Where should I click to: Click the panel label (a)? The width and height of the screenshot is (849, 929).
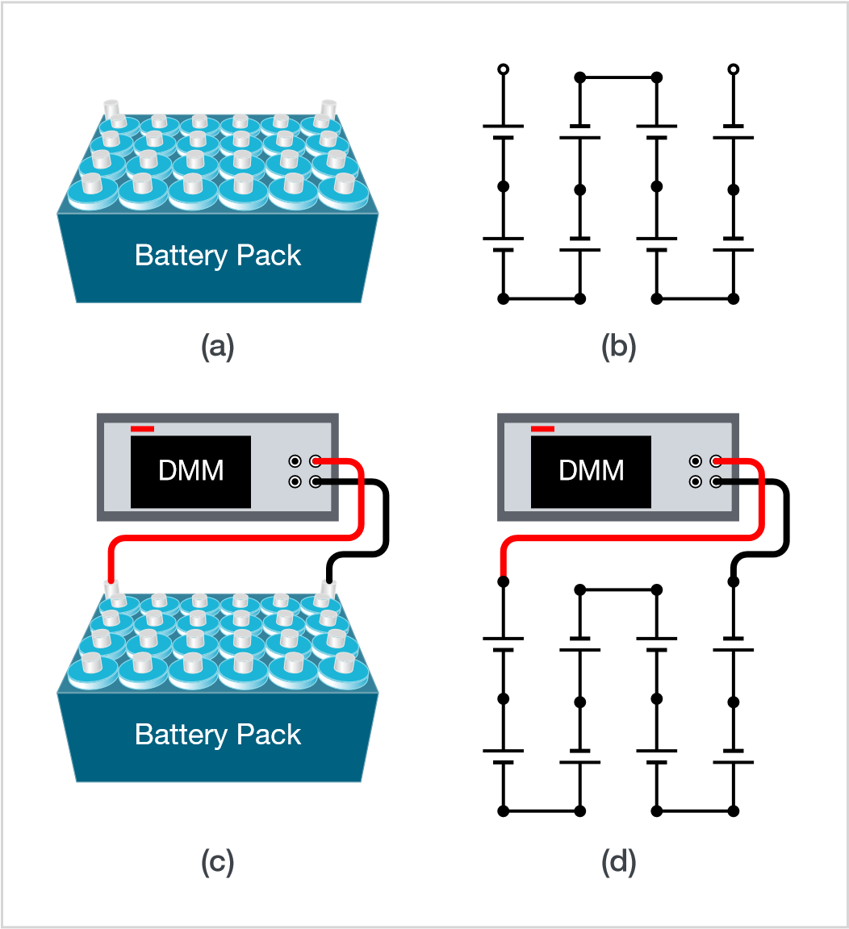[x=217, y=347]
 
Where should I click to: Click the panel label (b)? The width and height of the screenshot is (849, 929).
[x=619, y=347]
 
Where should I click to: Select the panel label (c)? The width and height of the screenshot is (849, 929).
[x=217, y=863]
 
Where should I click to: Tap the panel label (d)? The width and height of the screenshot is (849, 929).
[x=619, y=863]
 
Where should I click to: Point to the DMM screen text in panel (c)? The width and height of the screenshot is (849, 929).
[x=190, y=471]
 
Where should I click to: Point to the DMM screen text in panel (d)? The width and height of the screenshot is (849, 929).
[x=591, y=471]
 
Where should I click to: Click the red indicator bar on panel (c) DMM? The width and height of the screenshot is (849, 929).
[x=142, y=429]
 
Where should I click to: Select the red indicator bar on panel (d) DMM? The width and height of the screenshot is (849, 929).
[x=542, y=429]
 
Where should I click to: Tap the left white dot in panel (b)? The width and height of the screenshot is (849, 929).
[x=503, y=69]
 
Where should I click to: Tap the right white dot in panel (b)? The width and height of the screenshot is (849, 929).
[x=733, y=69]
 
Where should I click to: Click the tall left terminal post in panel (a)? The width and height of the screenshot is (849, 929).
[x=111, y=108]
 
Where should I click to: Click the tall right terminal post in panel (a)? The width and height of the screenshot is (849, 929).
[x=328, y=108]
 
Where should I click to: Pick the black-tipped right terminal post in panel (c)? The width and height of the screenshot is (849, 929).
[x=328, y=585]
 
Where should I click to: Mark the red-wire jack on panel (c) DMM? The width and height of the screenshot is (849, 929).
[x=315, y=461]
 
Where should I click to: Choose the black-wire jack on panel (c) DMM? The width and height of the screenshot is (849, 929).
[x=315, y=481]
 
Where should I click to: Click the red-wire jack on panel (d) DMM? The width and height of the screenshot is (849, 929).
[x=715, y=461]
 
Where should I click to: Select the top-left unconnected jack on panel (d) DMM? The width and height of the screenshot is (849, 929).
[x=695, y=461]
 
